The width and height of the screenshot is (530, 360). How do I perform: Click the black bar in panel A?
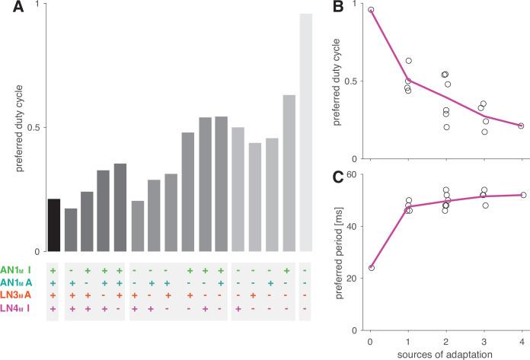click(53, 225)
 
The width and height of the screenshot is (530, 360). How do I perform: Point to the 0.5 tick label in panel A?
click(33, 127)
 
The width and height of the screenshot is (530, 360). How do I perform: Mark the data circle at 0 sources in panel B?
click(371, 10)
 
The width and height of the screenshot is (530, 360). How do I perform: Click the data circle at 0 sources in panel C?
click(371, 268)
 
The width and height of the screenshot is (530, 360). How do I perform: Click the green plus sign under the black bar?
click(53, 270)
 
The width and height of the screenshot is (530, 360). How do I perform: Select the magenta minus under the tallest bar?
click(305, 308)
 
